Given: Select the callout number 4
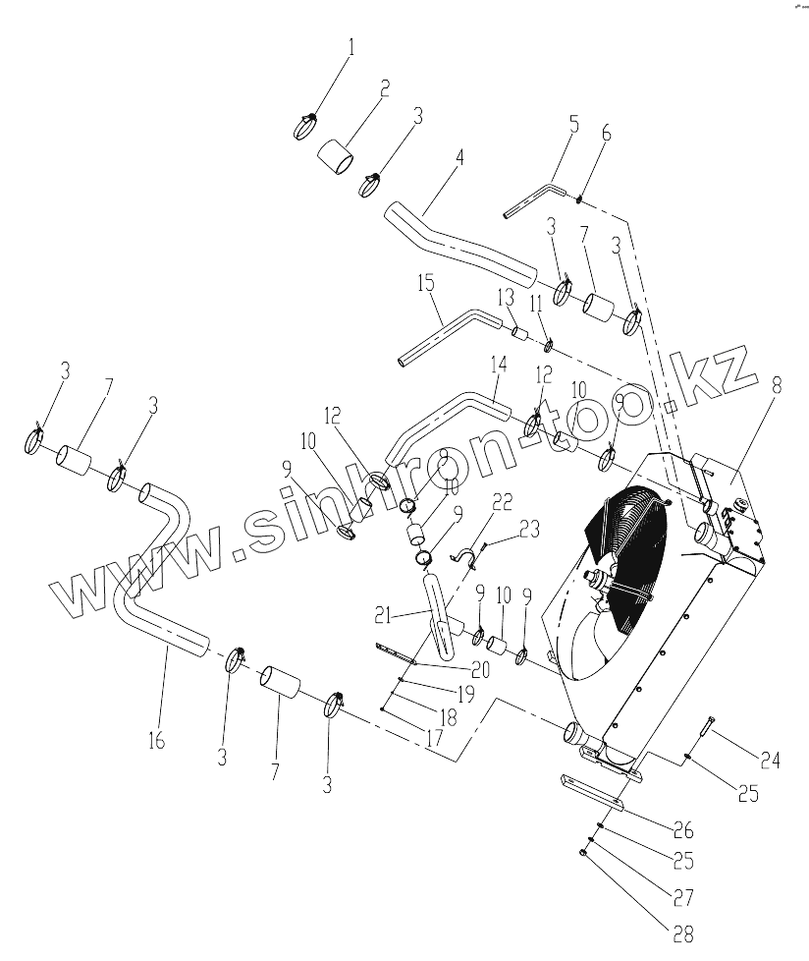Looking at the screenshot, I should click(460, 158).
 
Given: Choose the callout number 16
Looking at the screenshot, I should click(157, 740).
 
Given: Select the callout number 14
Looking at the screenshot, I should click(499, 364).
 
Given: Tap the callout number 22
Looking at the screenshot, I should click(502, 502).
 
